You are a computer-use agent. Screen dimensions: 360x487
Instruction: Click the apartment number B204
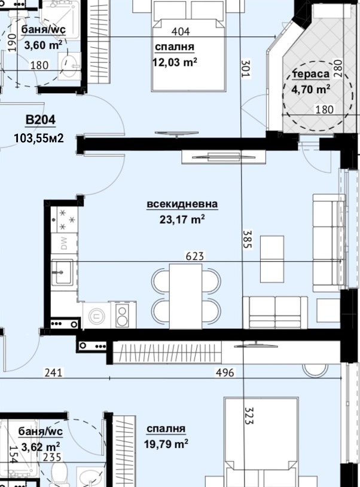pos(41,120)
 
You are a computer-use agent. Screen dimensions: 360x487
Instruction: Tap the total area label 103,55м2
pos(39,138)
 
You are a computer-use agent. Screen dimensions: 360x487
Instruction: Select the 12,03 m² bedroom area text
pos(175,62)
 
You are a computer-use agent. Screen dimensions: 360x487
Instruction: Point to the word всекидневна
pos(182,204)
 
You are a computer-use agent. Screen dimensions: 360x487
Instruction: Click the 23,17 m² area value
pos(182,219)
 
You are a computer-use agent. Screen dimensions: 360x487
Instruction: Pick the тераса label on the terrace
pos(311,74)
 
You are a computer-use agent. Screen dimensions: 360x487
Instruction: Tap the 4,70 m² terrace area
pos(311,90)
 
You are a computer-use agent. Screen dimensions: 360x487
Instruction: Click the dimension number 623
pos(194,256)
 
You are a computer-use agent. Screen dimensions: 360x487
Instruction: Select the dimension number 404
pos(181,31)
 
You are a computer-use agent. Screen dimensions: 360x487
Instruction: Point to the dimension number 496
pos(225,372)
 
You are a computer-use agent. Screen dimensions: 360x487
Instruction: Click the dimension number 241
pos(53,372)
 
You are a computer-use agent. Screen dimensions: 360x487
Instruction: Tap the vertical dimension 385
pos(248,239)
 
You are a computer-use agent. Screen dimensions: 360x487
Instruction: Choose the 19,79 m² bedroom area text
pos(166,444)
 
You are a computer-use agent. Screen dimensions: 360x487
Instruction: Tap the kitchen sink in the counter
pos(62,272)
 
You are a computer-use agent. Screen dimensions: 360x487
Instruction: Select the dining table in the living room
pos(185,296)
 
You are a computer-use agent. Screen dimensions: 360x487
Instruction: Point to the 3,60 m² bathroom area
pos(43,45)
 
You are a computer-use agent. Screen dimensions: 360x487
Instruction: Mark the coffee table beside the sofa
pos(272,259)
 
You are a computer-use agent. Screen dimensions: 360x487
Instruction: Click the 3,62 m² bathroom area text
pos(41,447)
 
